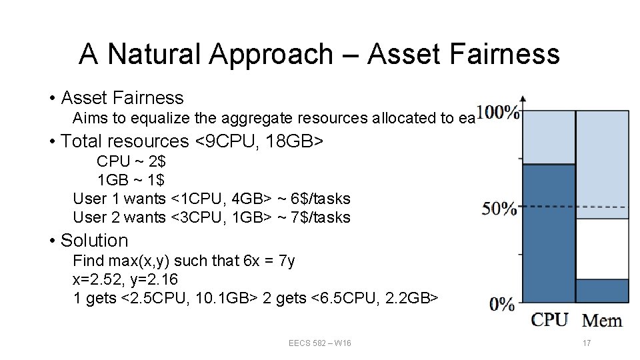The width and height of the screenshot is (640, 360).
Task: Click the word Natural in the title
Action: tap(153, 54)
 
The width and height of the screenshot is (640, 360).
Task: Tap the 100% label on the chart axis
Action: tap(498, 113)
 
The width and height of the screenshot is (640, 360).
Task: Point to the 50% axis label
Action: tap(499, 209)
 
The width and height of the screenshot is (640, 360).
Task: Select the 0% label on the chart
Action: tap(502, 305)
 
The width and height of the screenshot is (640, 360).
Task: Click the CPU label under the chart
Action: tap(550, 319)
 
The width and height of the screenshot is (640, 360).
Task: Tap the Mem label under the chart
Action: tap(602, 320)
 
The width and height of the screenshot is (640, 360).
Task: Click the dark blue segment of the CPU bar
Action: tap(549, 233)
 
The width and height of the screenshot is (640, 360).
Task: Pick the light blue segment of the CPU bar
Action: tap(549, 137)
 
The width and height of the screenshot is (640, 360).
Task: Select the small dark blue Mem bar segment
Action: tap(602, 291)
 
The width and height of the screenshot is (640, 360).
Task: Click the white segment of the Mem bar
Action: tap(602, 248)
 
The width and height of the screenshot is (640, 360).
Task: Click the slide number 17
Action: tap(587, 343)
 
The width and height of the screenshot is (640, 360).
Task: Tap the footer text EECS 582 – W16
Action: tap(320, 343)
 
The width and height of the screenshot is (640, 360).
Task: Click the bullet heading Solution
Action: tap(94, 241)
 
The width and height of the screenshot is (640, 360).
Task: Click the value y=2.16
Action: tap(153, 279)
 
